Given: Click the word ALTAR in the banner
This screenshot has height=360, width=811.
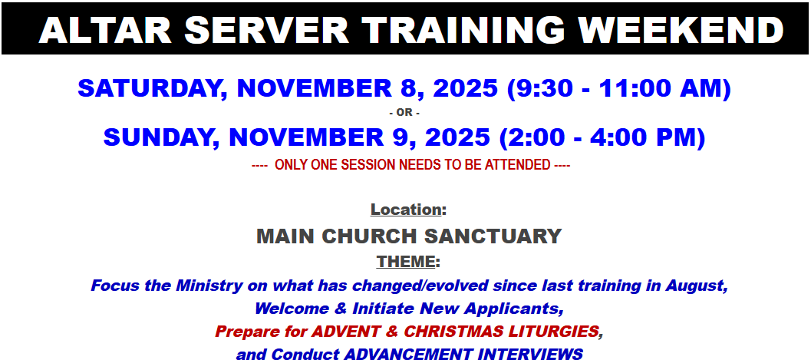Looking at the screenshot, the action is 105,30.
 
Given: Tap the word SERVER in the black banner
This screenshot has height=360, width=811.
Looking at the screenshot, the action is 267,30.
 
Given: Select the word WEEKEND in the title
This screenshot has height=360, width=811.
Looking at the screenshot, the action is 680,30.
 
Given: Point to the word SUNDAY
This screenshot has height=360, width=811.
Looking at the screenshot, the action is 162,137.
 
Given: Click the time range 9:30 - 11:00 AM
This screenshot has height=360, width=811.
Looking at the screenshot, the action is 619,89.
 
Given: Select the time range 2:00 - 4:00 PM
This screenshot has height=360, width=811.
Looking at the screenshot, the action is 602,137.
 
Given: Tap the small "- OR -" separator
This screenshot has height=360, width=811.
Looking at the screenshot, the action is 404,113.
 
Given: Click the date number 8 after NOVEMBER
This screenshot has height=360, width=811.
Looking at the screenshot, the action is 407,89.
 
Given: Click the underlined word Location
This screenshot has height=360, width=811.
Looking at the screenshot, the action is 405,210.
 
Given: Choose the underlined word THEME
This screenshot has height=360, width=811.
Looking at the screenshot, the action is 405,262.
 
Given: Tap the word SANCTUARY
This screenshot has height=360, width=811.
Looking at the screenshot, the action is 493,236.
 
